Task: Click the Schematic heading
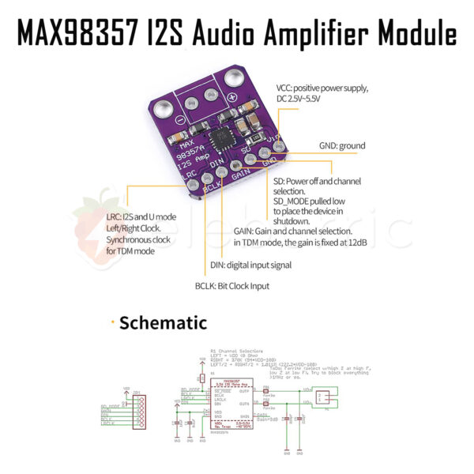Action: click(x=164, y=322)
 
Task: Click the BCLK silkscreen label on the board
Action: click(x=211, y=186)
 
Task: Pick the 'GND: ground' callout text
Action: click(x=342, y=145)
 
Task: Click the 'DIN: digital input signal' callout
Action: click(x=250, y=265)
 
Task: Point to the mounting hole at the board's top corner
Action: click(x=235, y=78)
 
